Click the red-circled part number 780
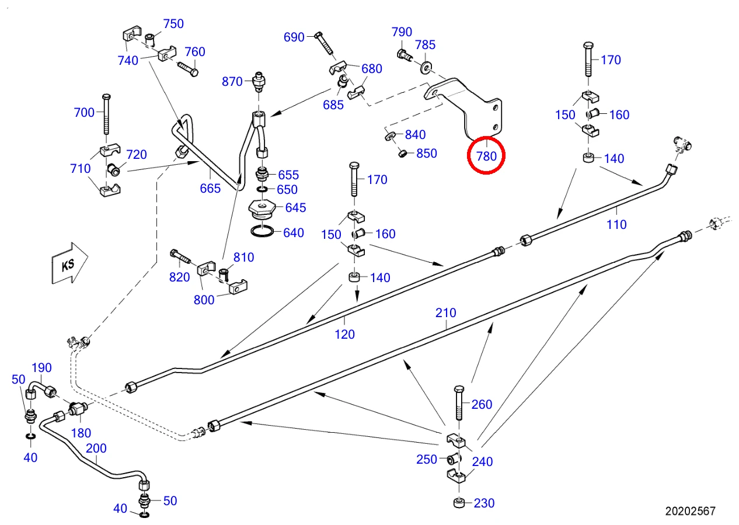click(x=486, y=156)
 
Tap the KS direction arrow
click(x=69, y=263)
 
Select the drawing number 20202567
click(x=690, y=511)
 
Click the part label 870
click(x=232, y=82)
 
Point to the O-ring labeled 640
click(x=262, y=231)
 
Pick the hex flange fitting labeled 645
click(x=262, y=210)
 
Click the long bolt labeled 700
click(x=106, y=114)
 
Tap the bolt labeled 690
click(x=325, y=44)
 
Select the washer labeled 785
click(x=426, y=68)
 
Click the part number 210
click(x=446, y=313)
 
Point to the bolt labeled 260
click(x=459, y=403)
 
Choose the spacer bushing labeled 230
click(x=459, y=503)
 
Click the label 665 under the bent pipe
click(x=210, y=189)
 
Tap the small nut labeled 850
click(x=402, y=154)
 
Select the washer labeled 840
click(x=391, y=135)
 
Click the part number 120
click(x=345, y=335)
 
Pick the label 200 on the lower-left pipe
click(x=96, y=448)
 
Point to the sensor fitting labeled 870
click(x=259, y=82)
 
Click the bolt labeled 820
click(x=181, y=257)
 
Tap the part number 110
click(x=616, y=225)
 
